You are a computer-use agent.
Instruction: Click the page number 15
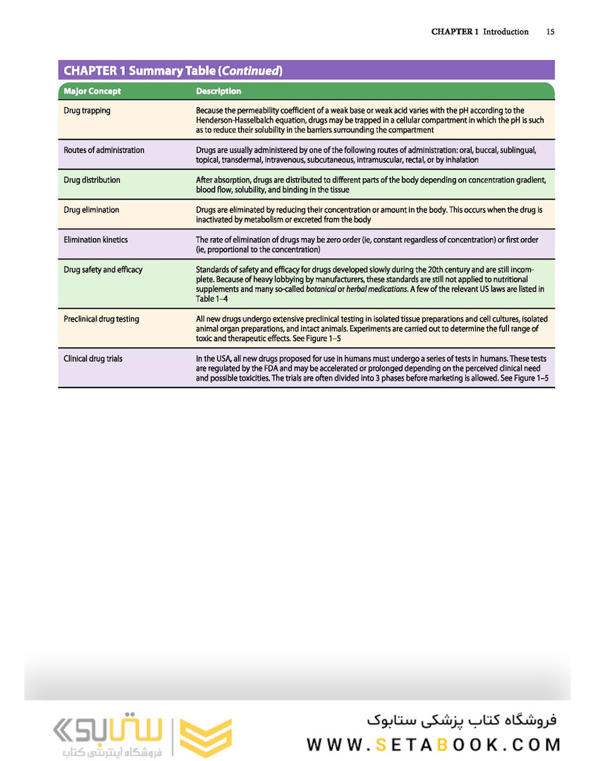[x=550, y=32]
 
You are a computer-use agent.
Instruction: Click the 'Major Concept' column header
[x=92, y=91]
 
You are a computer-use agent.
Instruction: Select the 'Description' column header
[x=219, y=91]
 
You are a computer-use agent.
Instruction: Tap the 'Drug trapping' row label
[x=87, y=111]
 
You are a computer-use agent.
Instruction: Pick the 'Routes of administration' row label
[x=104, y=150]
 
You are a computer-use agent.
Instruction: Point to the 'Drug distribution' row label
[x=92, y=180]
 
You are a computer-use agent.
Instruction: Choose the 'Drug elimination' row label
[x=91, y=210]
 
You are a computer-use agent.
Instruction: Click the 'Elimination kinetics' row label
[x=96, y=240]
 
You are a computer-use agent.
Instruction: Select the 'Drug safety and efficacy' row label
[x=103, y=270]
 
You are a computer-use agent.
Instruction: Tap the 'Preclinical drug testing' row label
[x=102, y=319]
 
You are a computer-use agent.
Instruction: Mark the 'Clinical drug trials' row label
[x=93, y=359]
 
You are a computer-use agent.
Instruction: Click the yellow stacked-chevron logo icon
[x=205, y=737]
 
